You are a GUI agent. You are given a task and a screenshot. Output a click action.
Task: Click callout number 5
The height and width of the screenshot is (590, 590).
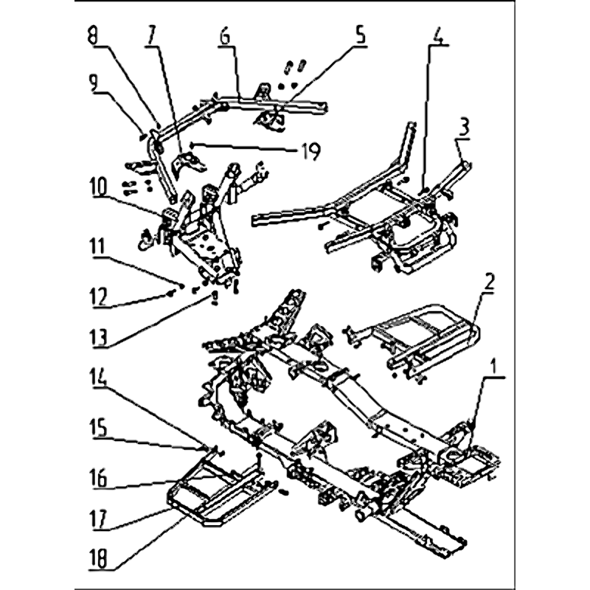pos(360,35)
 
